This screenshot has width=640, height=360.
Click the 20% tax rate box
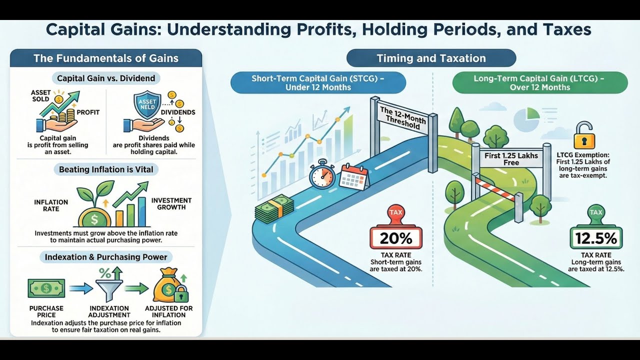click(395, 238)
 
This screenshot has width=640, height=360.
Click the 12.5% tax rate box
click(596, 238)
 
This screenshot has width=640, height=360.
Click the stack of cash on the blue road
click(274, 209)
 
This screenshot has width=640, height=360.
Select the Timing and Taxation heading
click(431, 58)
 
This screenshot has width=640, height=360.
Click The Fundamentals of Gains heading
click(106, 58)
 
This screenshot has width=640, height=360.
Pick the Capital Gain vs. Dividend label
click(106, 78)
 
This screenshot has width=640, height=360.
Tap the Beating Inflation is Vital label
click(106, 169)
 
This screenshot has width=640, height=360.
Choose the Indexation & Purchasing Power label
click(106, 257)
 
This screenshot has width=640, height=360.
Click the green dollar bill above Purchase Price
click(46, 288)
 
